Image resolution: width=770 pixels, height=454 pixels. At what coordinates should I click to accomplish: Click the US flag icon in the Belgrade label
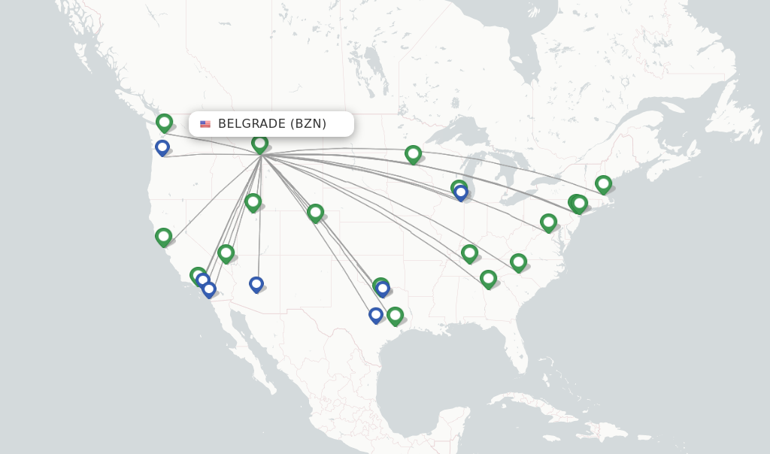tap(205, 124)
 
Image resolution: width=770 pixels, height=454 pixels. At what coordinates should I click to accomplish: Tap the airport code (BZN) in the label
tap(308, 124)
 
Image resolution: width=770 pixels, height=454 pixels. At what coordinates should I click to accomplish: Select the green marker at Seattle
tap(164, 122)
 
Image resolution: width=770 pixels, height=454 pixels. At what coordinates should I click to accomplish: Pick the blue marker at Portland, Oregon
tap(162, 147)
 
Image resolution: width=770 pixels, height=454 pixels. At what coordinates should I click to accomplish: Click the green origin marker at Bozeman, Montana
tap(259, 143)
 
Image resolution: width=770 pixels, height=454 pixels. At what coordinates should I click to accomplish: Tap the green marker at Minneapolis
tap(413, 153)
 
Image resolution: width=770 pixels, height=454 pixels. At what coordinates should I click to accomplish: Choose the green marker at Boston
tap(603, 183)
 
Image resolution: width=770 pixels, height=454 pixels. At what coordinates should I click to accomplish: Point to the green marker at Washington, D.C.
tap(548, 222)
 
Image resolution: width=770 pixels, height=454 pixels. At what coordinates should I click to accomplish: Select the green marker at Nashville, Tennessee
tap(469, 252)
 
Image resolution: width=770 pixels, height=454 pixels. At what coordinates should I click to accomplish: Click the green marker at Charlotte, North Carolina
tap(518, 262)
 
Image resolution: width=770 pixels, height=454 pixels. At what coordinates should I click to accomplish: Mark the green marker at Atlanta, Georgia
tap(488, 278)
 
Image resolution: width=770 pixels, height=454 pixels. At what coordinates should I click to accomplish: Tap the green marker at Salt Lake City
tap(253, 201)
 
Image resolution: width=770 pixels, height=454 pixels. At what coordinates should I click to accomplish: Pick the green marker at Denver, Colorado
tap(315, 212)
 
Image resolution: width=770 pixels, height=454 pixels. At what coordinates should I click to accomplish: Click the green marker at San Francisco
tap(163, 236)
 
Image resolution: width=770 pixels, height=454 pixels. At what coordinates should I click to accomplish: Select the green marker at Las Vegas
tap(226, 253)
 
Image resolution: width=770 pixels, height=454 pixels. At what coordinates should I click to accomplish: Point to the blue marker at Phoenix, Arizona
tap(256, 283)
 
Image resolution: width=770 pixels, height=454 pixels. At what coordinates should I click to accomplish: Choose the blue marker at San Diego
tap(209, 288)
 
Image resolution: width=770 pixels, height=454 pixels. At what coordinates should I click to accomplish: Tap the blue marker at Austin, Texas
tap(376, 314)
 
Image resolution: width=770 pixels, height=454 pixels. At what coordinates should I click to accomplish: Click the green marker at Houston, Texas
tap(395, 315)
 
